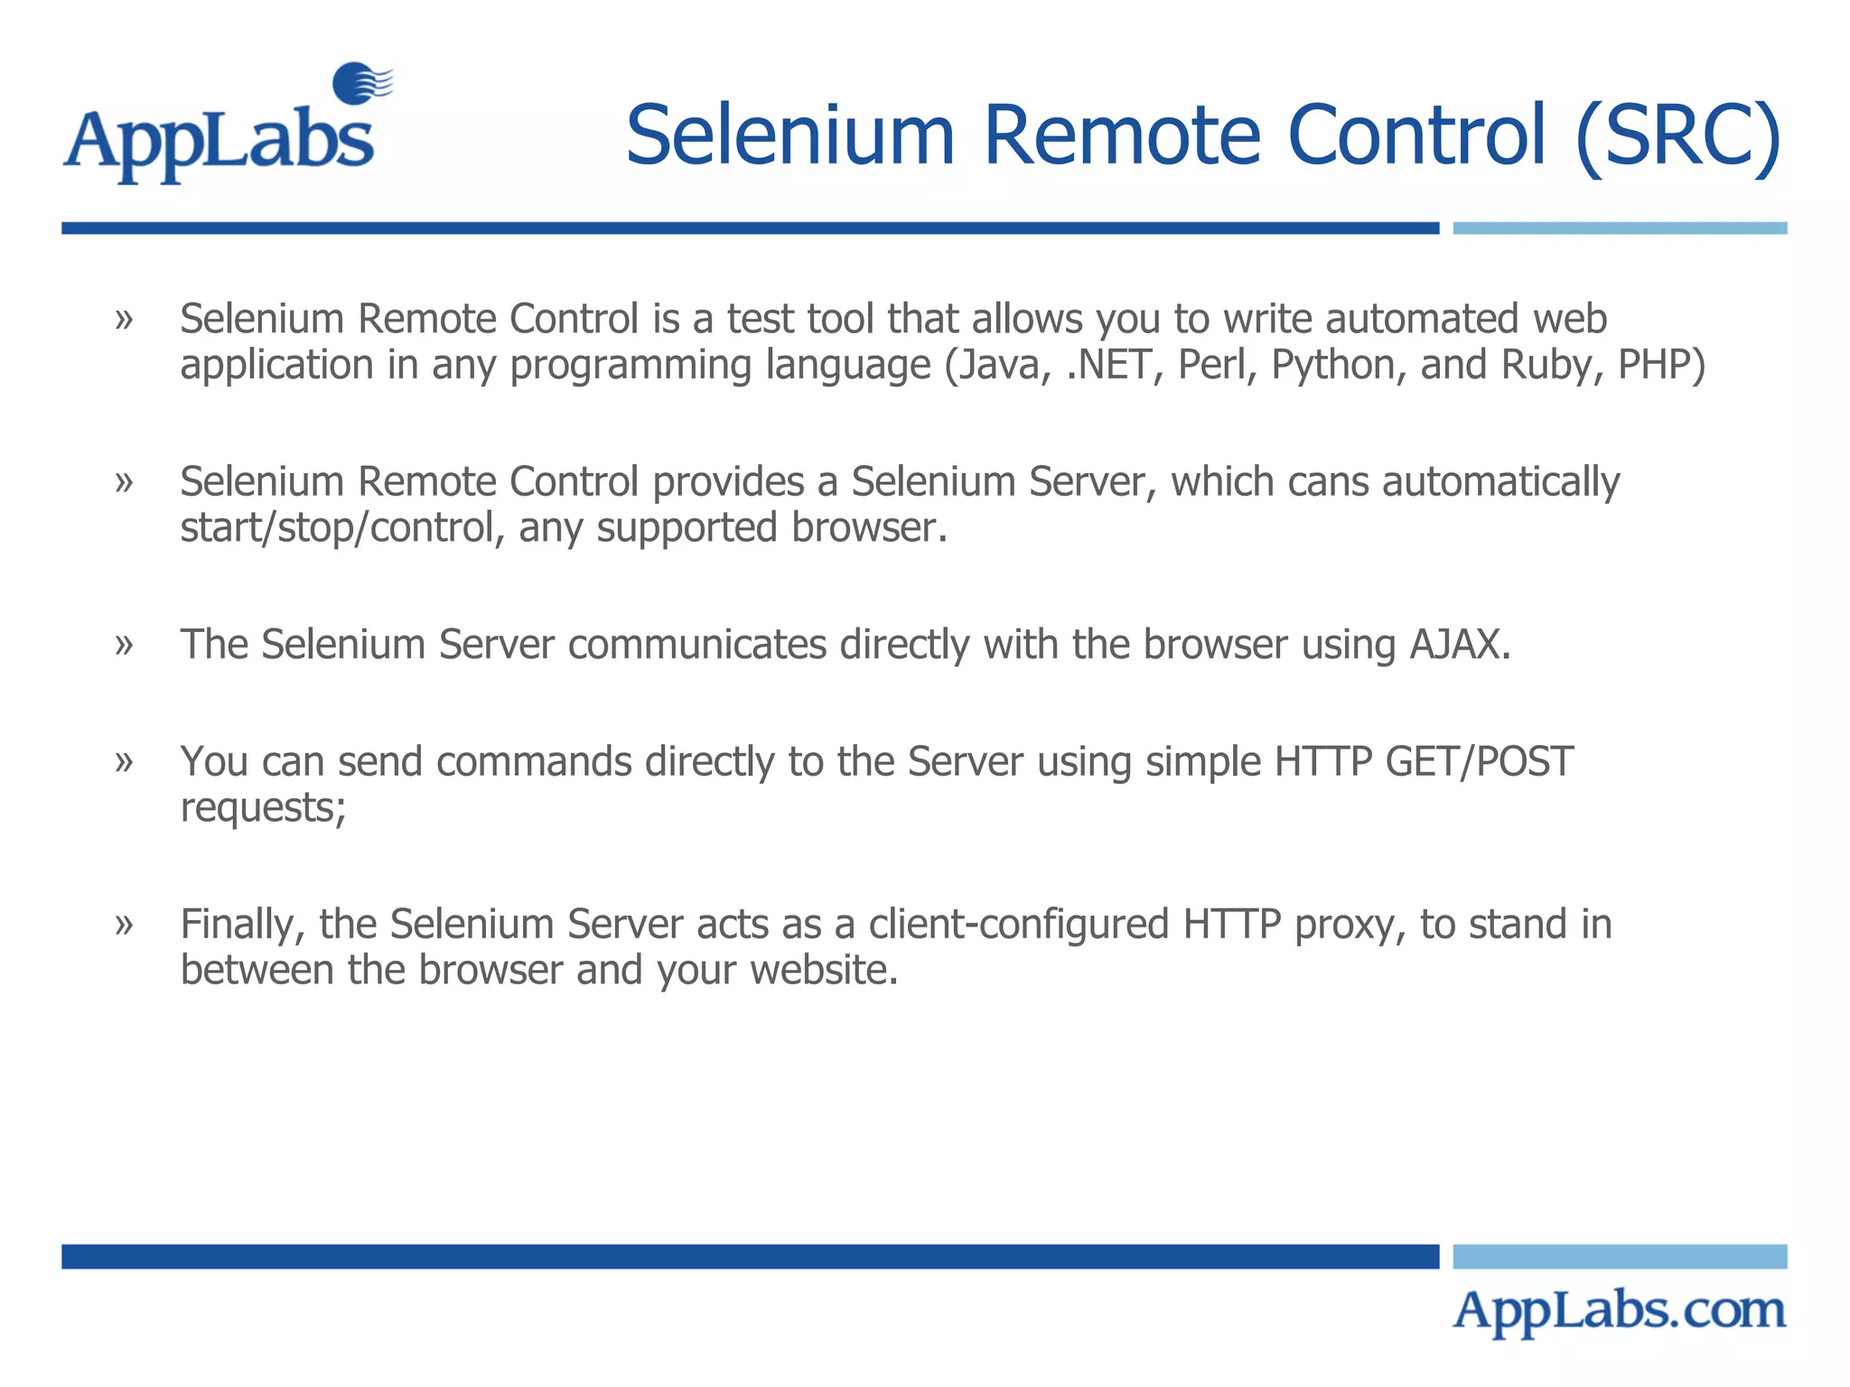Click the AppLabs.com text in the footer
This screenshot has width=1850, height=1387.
pos(1619,1311)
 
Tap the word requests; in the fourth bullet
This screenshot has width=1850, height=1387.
pos(263,808)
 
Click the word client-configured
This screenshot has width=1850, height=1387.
pos(1019,925)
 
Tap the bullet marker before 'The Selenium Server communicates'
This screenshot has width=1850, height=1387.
pos(125,645)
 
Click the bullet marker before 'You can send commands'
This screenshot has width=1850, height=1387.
pos(125,761)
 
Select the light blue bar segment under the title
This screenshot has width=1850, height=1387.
pos(1619,228)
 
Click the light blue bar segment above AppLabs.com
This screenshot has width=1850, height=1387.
pos(1619,1256)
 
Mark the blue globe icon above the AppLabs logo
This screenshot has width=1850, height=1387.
pos(360,82)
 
